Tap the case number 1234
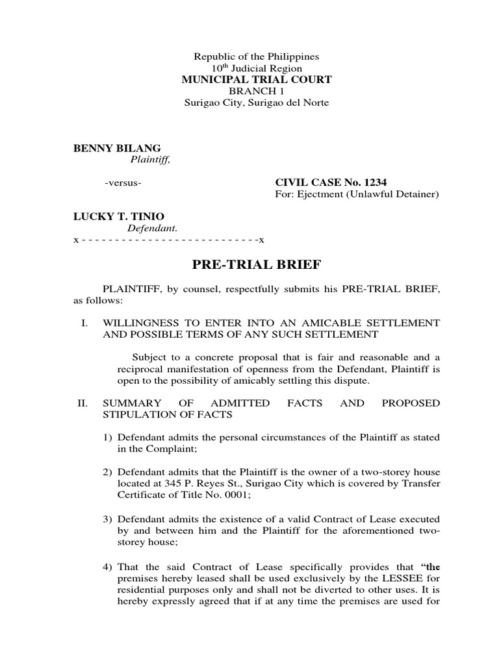(x=381, y=182)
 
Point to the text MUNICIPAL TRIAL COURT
(x=255, y=80)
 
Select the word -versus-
(x=123, y=182)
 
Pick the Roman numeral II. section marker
(x=82, y=403)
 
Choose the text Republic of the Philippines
(x=255, y=56)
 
